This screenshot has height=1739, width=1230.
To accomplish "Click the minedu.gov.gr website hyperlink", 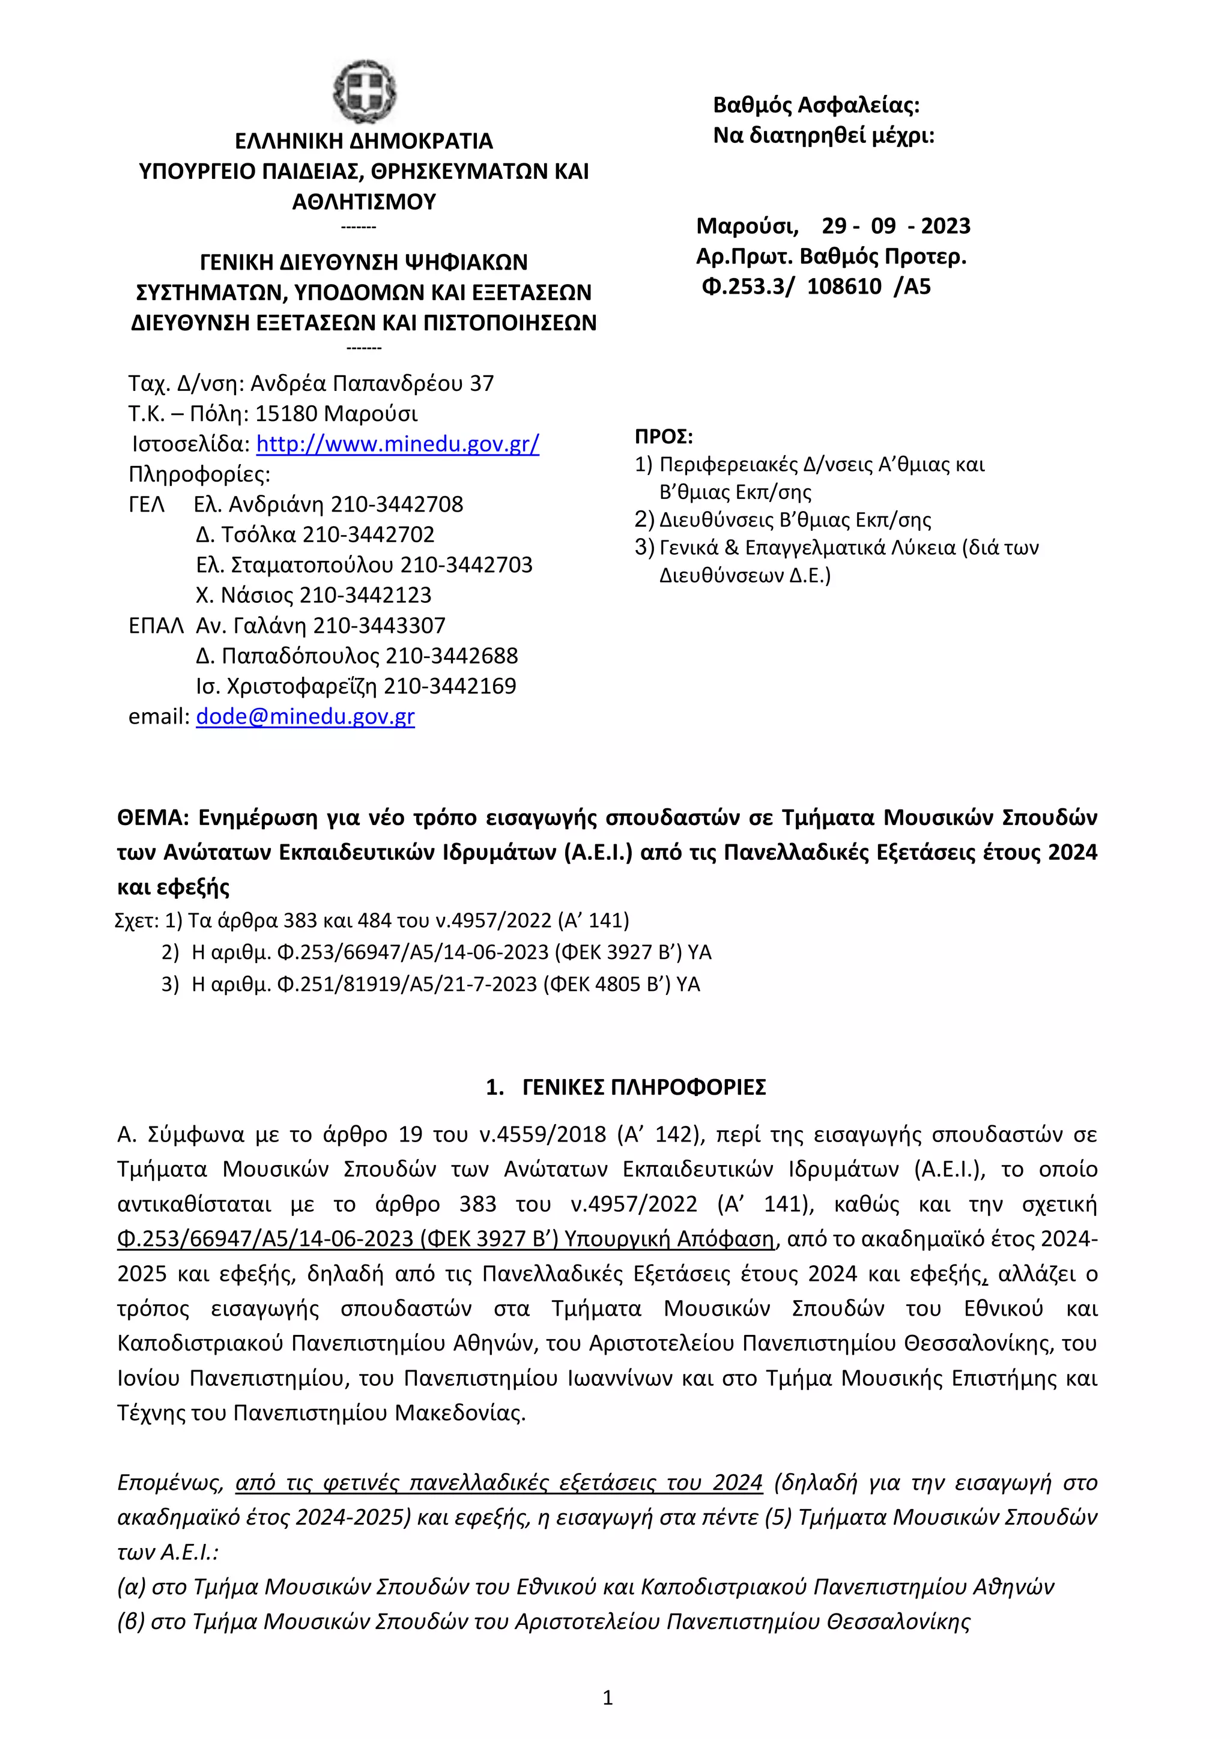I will (397, 444).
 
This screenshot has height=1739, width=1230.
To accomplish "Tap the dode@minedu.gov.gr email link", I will (304, 716).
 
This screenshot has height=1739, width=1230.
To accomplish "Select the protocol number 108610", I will (844, 287).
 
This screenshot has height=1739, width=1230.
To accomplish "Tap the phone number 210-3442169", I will (450, 686).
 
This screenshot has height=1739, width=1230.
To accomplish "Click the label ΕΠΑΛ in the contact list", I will (156, 626).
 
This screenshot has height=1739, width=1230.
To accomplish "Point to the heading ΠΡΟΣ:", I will (664, 437).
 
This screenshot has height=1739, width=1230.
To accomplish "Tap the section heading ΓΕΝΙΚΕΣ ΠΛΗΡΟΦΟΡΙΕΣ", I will (644, 1087).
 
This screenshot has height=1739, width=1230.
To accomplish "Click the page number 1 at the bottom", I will (607, 1699).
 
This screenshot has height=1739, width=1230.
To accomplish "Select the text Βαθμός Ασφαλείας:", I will (816, 105).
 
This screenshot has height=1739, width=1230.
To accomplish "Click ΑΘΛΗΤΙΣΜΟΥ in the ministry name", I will (365, 202).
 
